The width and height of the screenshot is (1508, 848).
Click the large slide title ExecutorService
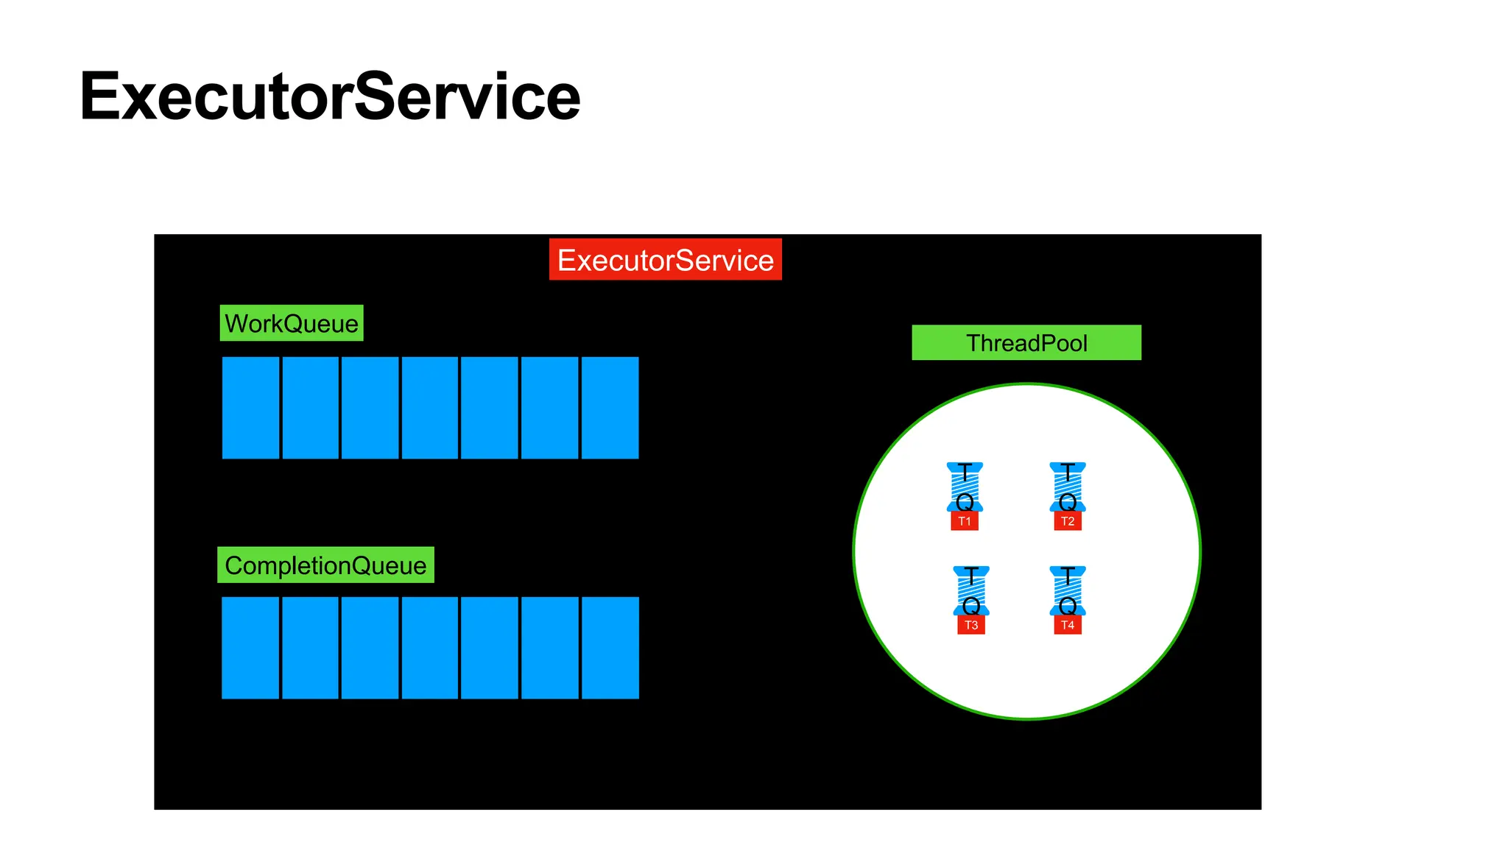330,97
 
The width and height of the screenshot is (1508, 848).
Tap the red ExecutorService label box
665,260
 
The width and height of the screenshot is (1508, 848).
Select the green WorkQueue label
292,323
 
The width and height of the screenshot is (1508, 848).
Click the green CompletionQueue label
325,565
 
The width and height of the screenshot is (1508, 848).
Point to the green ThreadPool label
1026,343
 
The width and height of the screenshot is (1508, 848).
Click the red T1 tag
965,521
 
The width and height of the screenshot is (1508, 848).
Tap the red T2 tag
1068,521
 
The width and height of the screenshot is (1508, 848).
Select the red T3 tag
971,625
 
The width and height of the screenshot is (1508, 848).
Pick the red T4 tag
1068,625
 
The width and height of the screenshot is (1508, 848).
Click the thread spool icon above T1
965,487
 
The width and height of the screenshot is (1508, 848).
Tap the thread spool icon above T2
1068,487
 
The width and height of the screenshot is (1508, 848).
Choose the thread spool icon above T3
971,590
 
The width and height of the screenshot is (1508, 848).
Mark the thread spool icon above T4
1068,590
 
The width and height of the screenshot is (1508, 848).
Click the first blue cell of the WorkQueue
250,408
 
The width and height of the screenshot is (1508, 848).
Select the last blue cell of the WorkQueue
610,408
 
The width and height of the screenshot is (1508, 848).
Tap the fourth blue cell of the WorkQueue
430,408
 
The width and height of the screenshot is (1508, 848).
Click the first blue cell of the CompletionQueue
250,648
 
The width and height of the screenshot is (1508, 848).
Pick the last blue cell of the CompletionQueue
610,648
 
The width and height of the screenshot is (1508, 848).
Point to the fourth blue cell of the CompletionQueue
430,648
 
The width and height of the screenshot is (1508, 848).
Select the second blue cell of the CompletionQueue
310,648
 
